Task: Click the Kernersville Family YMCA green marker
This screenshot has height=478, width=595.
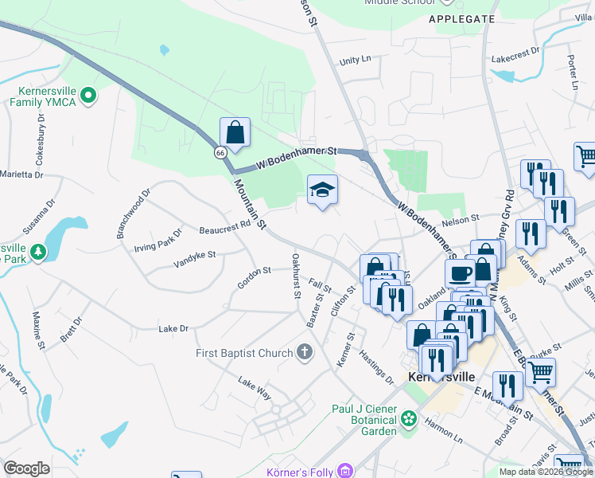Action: [89, 96]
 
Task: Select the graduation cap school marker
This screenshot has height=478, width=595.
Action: [322, 190]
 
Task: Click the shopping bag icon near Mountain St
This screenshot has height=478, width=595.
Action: [235, 131]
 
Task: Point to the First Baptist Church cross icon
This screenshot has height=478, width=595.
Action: [304, 352]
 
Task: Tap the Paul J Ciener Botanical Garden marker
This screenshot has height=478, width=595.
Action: [409, 417]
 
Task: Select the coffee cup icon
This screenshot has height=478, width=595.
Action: [460, 273]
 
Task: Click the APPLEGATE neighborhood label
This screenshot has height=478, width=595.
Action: [461, 18]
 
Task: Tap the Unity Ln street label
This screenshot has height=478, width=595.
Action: [356, 60]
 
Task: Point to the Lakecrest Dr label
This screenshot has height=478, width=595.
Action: [515, 58]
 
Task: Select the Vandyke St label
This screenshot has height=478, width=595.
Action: [195, 256]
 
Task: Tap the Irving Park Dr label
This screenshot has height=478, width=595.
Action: [157, 237]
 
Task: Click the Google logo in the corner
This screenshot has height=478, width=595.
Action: [26, 468]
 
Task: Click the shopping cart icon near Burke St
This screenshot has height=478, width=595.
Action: [540, 371]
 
